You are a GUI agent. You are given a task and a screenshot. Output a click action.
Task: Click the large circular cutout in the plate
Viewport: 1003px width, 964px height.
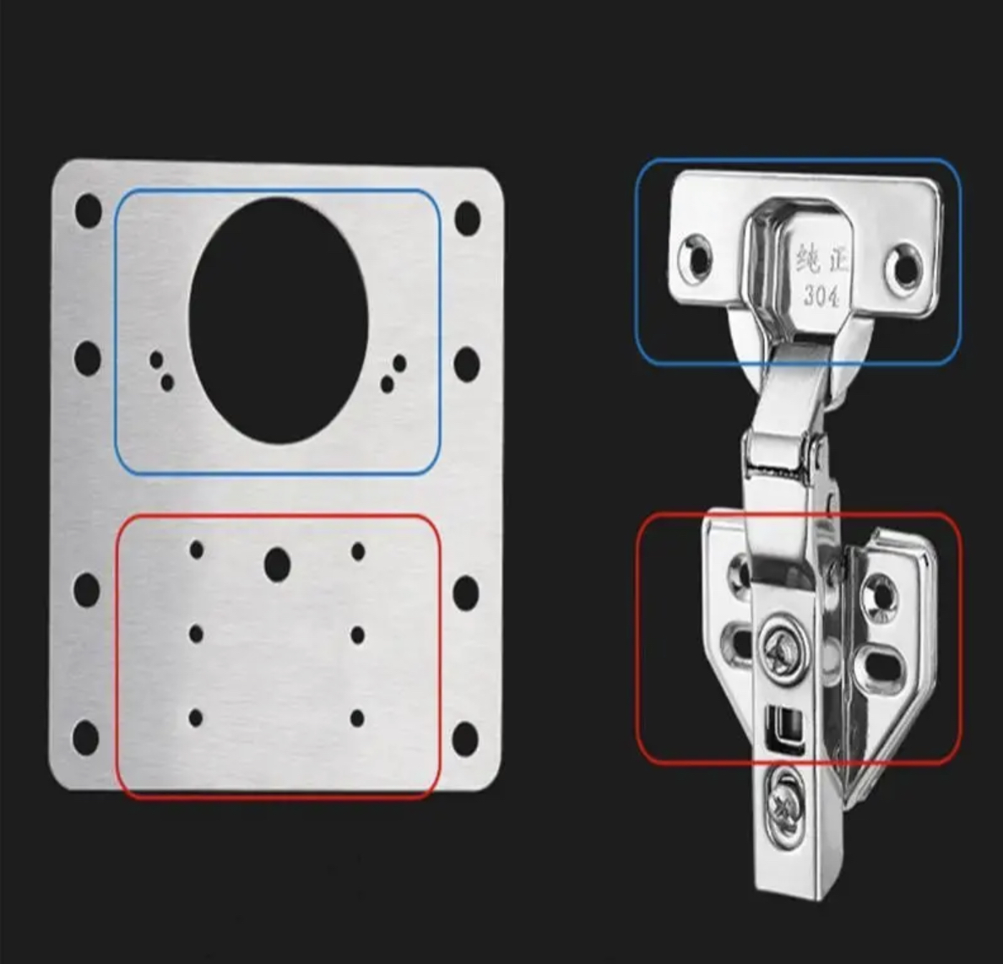click(279, 321)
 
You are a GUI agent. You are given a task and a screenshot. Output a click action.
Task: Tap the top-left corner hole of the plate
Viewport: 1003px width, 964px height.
click(89, 212)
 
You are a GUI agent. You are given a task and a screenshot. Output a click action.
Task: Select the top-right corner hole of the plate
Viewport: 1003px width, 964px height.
click(468, 218)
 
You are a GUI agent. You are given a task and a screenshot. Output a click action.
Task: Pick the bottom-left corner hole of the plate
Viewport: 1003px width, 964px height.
click(86, 737)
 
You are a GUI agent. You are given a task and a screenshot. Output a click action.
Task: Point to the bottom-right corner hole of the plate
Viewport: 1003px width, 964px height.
click(466, 738)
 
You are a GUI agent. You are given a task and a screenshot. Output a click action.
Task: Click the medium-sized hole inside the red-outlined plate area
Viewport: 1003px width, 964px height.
click(277, 565)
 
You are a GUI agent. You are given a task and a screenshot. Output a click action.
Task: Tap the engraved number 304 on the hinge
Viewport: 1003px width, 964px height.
click(821, 296)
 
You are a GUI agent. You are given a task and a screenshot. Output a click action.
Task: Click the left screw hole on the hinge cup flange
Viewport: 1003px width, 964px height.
click(696, 257)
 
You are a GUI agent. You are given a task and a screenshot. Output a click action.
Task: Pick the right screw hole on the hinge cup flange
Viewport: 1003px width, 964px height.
click(904, 265)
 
